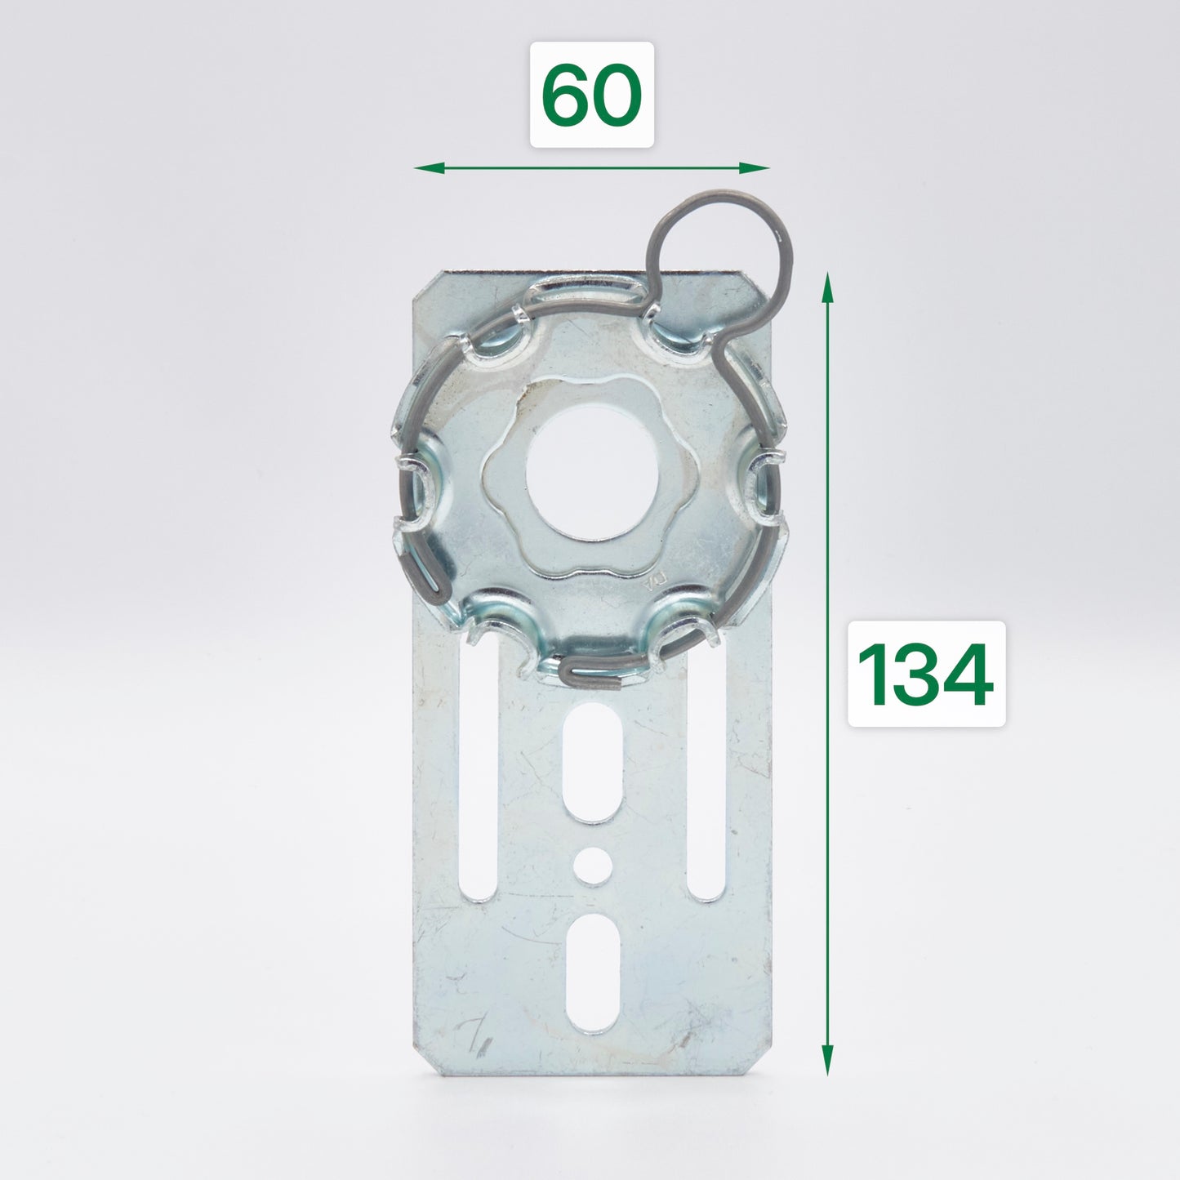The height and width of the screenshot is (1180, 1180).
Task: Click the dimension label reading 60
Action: (591, 95)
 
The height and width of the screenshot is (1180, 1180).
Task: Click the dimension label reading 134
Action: (926, 674)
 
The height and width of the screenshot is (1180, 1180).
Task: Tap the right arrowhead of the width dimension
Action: (755, 167)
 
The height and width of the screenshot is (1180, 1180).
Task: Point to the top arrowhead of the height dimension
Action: (827, 287)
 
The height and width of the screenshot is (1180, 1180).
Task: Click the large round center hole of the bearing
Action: (591, 474)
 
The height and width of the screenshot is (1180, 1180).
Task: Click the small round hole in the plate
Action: (592, 866)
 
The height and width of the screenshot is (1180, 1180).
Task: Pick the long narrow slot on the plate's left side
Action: (478, 768)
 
